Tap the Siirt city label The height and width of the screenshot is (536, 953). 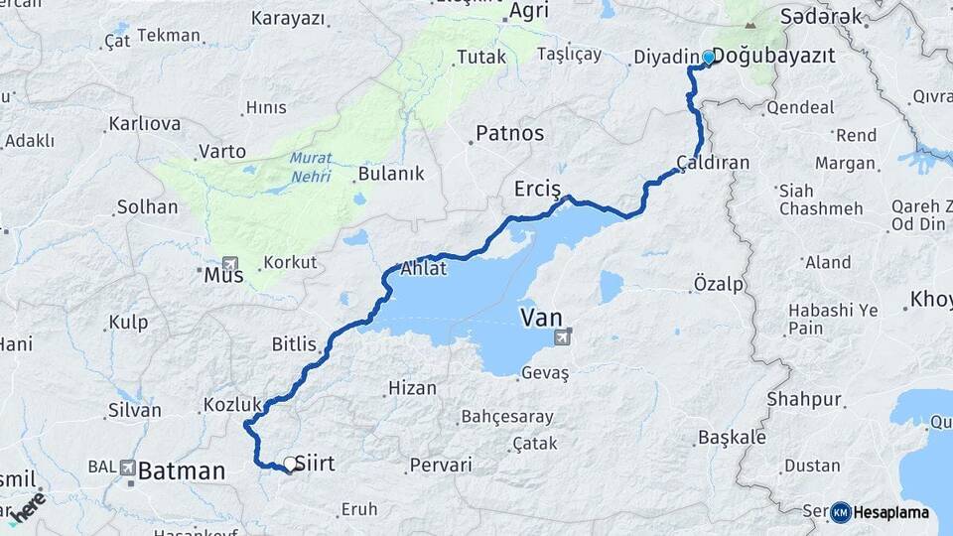pyautogui.click(x=316, y=464)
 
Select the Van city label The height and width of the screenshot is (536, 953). pyautogui.click(x=542, y=319)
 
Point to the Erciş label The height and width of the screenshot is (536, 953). pyautogui.click(x=538, y=189)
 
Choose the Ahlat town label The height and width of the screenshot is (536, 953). pyautogui.click(x=424, y=269)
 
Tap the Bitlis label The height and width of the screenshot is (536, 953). pyautogui.click(x=294, y=344)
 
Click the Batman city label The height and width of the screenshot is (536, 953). pyautogui.click(x=182, y=470)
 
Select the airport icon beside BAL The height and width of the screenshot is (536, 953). pyautogui.click(x=128, y=467)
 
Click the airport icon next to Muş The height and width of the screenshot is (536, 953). pyautogui.click(x=231, y=264)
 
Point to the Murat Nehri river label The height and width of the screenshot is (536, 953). pyautogui.click(x=311, y=168)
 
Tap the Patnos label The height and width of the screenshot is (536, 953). pyautogui.click(x=509, y=132)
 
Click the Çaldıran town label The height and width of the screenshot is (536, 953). pyautogui.click(x=712, y=162)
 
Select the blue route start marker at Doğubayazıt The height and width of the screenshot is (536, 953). pyautogui.click(x=708, y=58)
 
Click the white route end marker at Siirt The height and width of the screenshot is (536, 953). pyautogui.click(x=289, y=464)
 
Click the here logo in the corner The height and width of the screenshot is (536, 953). pyautogui.click(x=27, y=506)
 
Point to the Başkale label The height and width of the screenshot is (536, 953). pyautogui.click(x=733, y=437)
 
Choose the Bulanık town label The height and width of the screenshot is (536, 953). pyautogui.click(x=391, y=174)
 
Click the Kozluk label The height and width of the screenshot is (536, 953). pyautogui.click(x=232, y=404)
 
